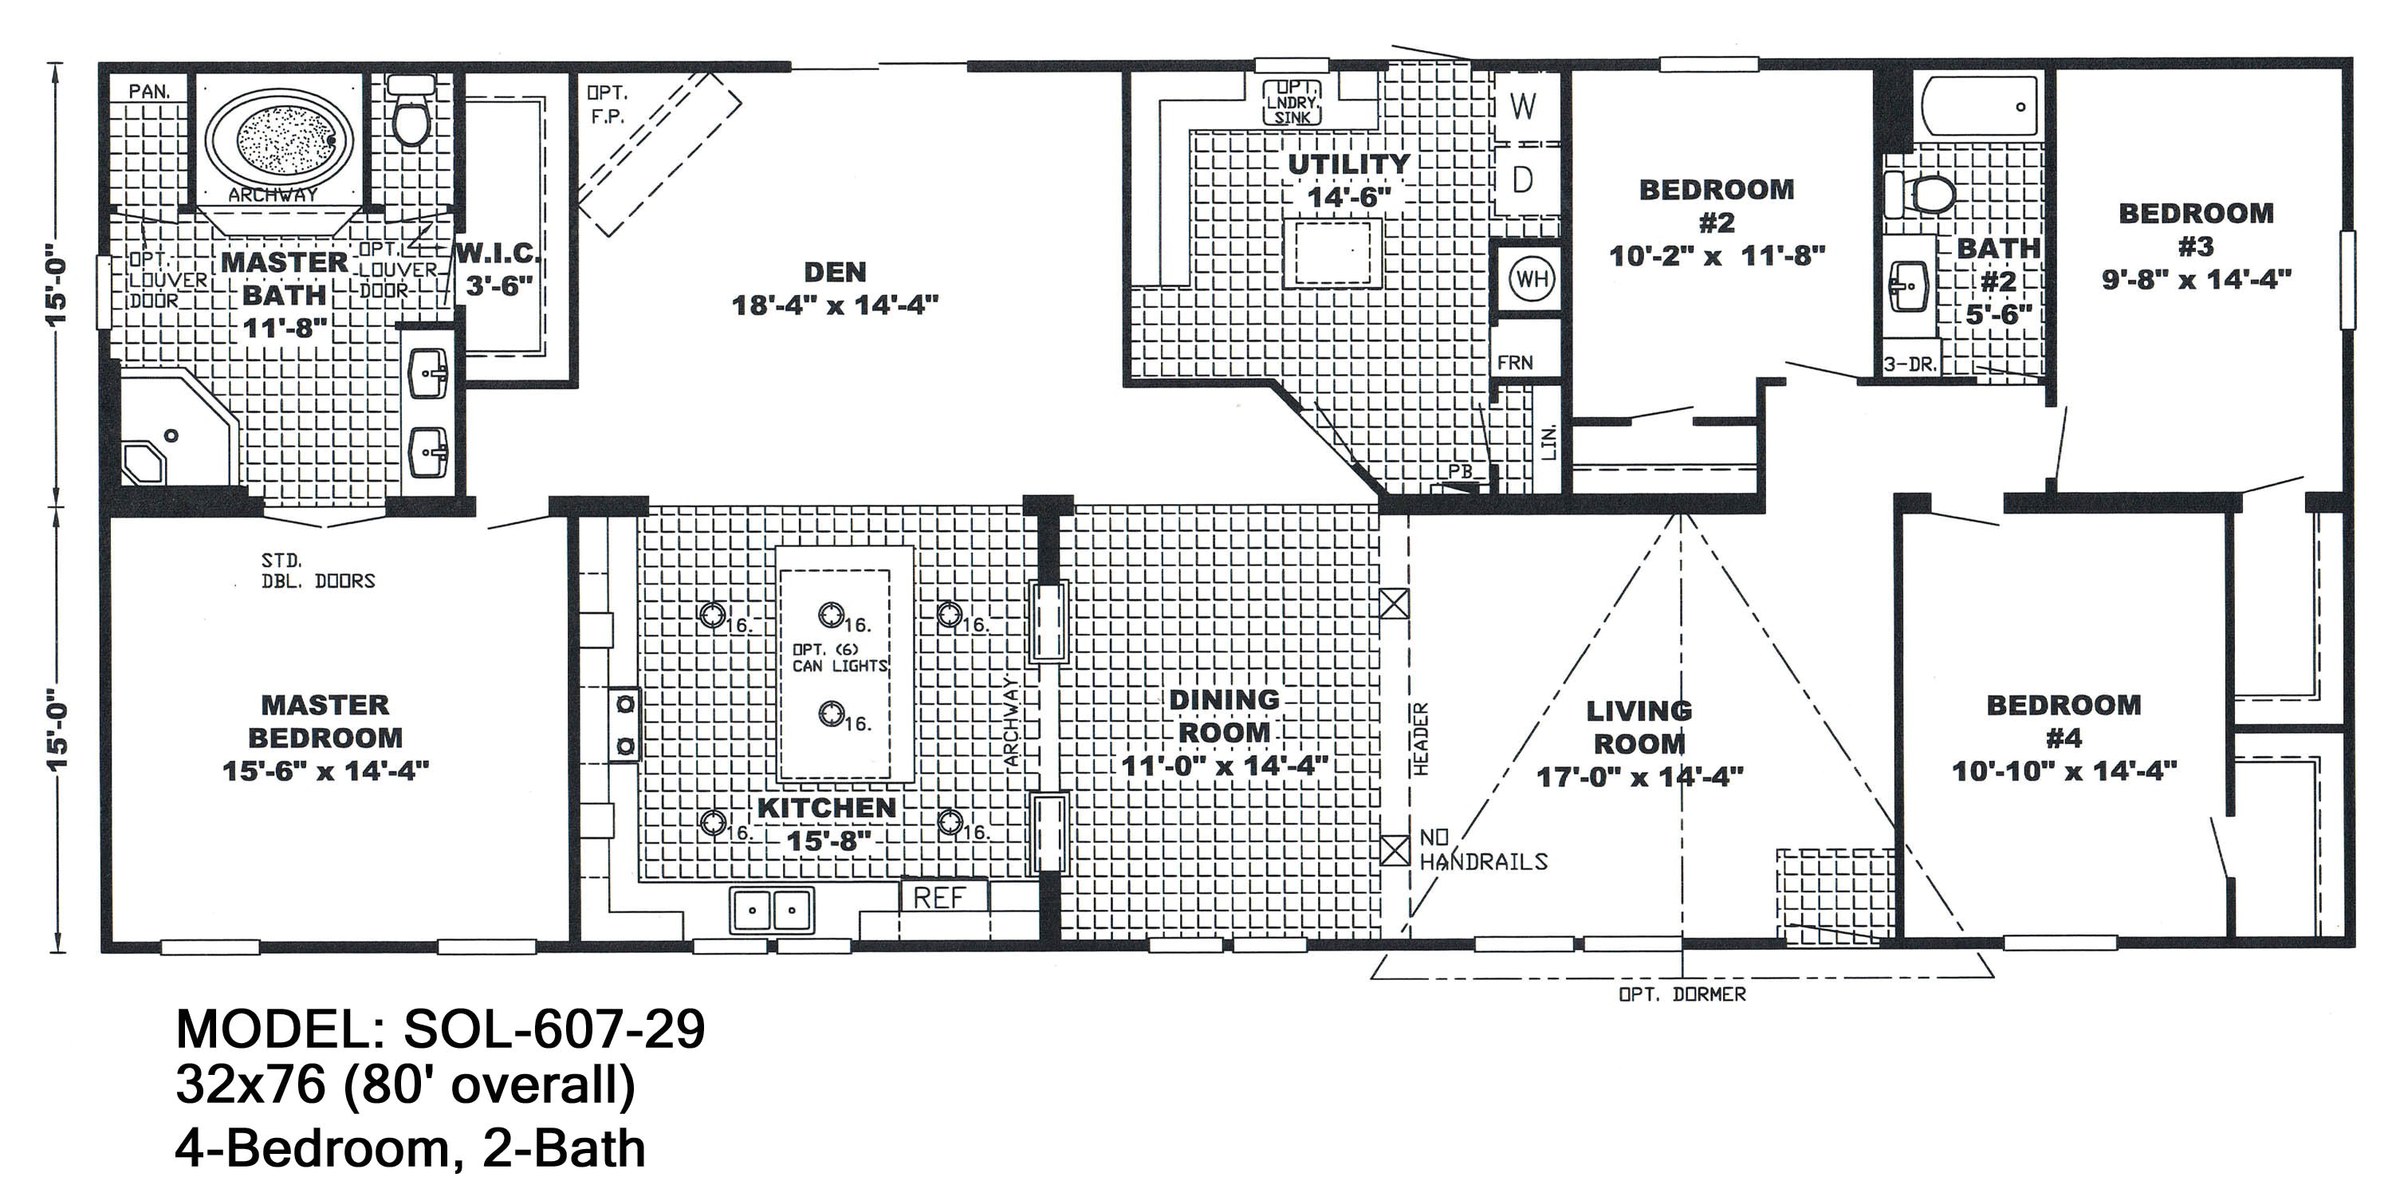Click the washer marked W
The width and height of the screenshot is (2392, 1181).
click(1523, 107)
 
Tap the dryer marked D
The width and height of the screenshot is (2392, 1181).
click(1523, 179)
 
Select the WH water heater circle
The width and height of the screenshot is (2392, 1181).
click(1531, 278)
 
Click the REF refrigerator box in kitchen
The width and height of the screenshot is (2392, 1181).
click(941, 897)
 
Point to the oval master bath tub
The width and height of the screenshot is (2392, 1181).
click(282, 137)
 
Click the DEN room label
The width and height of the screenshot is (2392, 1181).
click(835, 272)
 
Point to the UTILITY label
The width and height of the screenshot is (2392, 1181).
click(1348, 165)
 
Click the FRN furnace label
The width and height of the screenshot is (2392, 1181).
click(1514, 363)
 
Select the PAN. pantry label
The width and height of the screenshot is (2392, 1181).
click(148, 91)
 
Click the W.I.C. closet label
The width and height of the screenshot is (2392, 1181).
click(498, 254)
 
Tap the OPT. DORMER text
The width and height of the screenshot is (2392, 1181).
click(1682, 994)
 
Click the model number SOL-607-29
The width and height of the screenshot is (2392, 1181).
click(553, 1029)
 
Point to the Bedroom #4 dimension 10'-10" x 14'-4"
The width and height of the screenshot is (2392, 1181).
click(2063, 770)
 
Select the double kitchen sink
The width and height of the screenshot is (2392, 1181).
click(772, 910)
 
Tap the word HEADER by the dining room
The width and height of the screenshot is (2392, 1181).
click(1421, 738)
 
